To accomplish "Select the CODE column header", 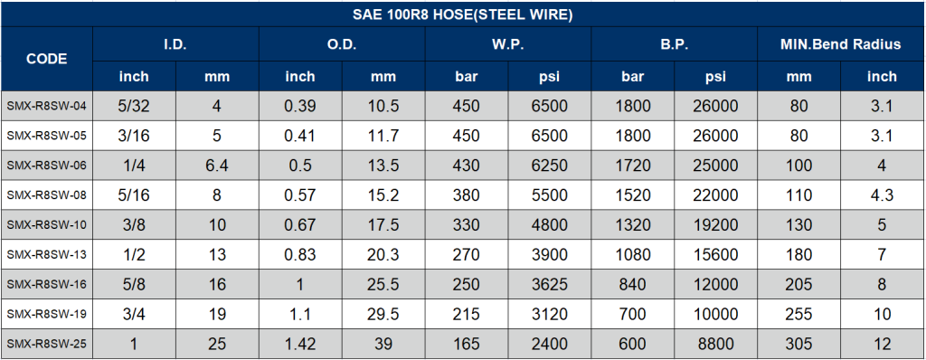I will [46, 58].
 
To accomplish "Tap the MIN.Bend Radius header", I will [840, 44].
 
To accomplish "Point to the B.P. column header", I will [674, 44].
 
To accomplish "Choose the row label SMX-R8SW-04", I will [46, 107].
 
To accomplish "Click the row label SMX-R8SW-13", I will [46, 255].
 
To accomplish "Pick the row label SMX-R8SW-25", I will [46, 344].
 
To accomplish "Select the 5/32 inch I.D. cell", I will [134, 107].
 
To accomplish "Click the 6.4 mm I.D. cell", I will [217, 166].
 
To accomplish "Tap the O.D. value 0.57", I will [300, 195].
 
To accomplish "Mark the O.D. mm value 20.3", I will [383, 255].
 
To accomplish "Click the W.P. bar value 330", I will [466, 225].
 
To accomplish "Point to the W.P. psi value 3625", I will [550, 285].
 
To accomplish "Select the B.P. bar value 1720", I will [632, 166].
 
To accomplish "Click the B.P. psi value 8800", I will [715, 344].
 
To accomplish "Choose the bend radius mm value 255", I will [798, 315].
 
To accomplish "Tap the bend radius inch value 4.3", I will [882, 195].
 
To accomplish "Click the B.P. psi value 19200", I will [715, 225].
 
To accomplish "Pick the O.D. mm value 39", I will [383, 344].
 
